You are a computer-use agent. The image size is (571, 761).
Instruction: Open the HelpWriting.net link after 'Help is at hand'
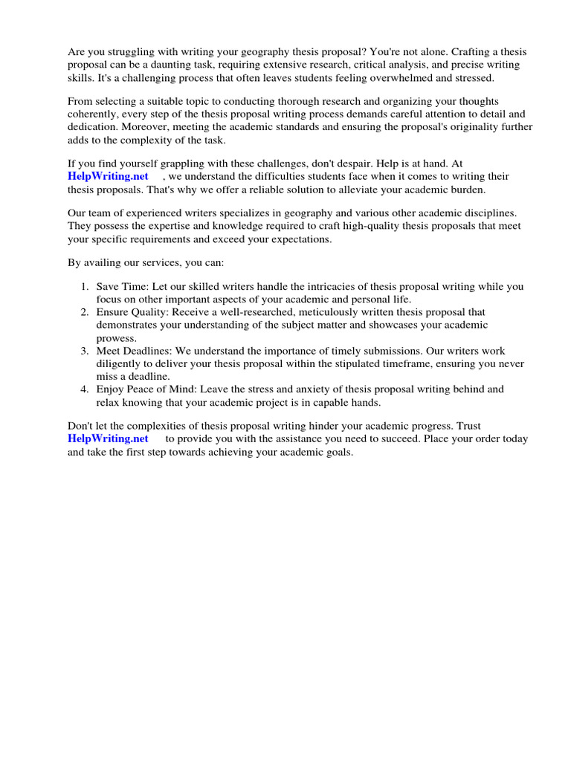coord(108,176)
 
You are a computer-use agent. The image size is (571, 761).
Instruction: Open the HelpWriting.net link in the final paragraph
coord(108,438)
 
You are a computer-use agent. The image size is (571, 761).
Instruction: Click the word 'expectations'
coord(300,239)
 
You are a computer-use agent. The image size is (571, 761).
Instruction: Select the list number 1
coord(85,287)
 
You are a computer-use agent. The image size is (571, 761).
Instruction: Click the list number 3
coord(85,351)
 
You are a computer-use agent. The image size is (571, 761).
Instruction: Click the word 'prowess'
coord(114,338)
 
